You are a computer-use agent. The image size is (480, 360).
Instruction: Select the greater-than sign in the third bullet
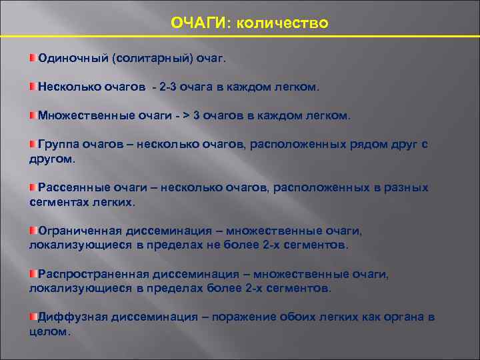pyautogui.click(x=186, y=115)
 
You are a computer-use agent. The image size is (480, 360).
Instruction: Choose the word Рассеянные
pyautogui.click(x=72, y=187)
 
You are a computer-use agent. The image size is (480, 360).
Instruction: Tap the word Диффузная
pyautogui.click(x=69, y=317)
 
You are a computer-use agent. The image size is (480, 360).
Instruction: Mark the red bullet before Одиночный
pyautogui.click(x=33, y=58)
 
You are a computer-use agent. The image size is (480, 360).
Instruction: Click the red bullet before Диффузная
pyautogui.click(x=33, y=317)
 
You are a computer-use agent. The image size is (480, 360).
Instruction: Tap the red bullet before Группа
pyautogui.click(x=33, y=144)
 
